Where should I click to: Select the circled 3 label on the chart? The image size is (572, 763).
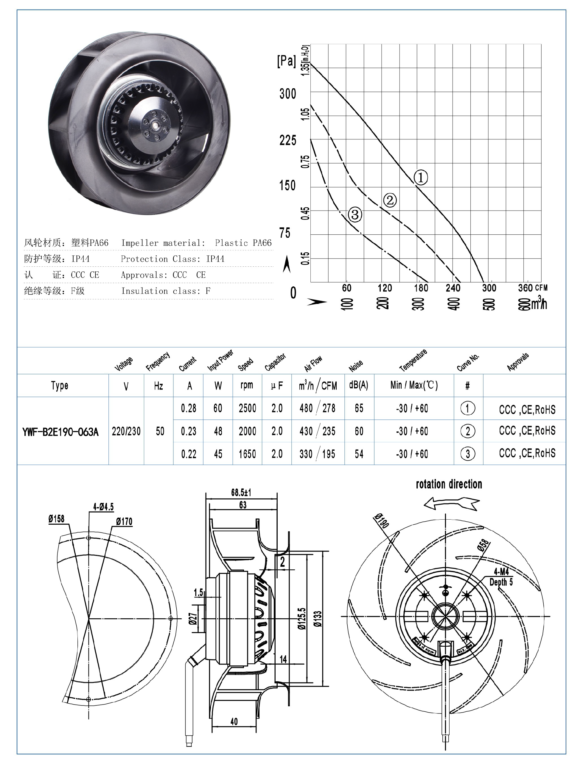tap(355, 214)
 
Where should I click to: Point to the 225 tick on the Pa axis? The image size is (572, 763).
tap(288, 140)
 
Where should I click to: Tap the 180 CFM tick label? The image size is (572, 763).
tap(421, 288)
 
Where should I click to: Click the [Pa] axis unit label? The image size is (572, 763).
tap(286, 61)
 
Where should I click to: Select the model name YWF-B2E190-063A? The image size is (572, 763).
tap(60, 432)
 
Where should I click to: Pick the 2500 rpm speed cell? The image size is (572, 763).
tap(247, 408)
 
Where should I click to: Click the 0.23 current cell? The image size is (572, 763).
tap(189, 431)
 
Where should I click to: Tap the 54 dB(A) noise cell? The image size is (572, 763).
tap(359, 454)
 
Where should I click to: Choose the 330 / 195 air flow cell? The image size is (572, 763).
tap(317, 454)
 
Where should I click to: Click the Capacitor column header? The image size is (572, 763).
tap(275, 362)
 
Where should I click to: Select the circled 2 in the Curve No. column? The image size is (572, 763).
tap(468, 431)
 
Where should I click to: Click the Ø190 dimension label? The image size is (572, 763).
tap(382, 520)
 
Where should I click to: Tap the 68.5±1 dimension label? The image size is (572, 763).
tap(241, 492)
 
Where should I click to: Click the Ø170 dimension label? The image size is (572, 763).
tap(124, 522)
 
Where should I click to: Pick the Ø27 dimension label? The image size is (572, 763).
tap(193, 618)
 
